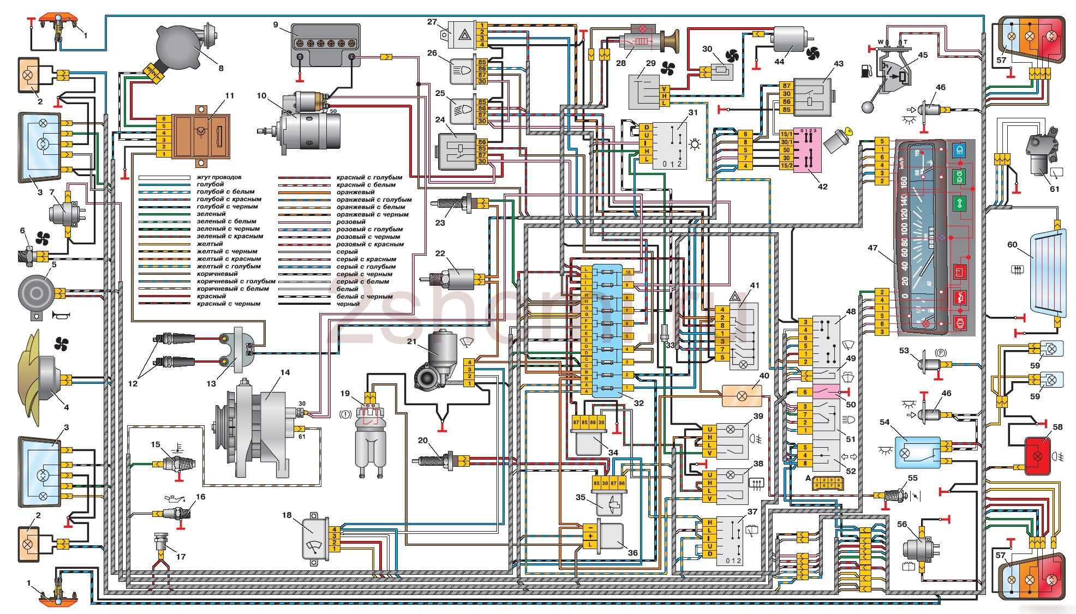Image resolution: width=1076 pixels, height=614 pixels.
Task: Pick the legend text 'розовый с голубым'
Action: click(369, 230)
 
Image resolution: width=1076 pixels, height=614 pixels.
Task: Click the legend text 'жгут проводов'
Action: click(219, 177)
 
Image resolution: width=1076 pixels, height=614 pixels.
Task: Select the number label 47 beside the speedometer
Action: click(872, 248)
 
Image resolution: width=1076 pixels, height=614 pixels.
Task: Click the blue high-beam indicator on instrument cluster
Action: click(959, 149)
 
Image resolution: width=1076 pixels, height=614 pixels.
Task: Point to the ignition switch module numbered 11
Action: click(200, 136)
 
